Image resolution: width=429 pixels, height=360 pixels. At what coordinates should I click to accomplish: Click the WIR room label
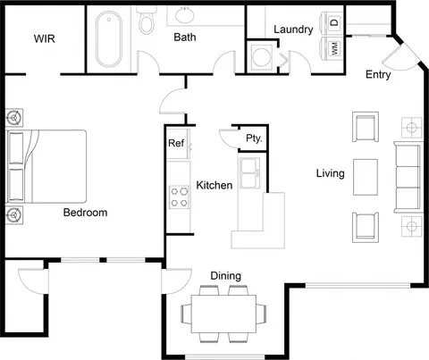[x=45, y=38]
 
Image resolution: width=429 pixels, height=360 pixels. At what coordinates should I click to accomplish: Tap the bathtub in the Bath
[x=109, y=38]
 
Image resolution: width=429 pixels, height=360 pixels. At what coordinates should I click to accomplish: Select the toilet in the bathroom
[x=147, y=21]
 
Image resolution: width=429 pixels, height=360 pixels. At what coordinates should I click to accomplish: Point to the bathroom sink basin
[x=184, y=15]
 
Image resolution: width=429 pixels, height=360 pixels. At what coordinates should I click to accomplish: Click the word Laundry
[x=293, y=29]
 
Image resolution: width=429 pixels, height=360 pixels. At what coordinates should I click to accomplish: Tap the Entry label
[x=378, y=74]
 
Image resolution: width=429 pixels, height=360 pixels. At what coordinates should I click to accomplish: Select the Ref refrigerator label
[x=176, y=143]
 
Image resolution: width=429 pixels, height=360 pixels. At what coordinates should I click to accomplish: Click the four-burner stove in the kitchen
[x=179, y=197]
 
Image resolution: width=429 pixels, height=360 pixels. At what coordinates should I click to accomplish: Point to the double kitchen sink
[x=249, y=173]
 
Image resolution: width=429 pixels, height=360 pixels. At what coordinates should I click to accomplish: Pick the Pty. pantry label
[x=254, y=138]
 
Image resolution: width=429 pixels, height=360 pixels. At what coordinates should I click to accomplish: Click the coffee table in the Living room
[x=366, y=177]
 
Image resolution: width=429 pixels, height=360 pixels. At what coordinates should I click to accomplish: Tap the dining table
[x=223, y=314]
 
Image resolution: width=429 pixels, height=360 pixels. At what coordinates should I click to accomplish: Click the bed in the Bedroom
[x=46, y=166]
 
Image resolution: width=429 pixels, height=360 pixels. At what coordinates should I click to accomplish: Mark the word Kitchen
[x=214, y=185]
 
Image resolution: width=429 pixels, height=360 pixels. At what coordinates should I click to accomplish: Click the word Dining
[x=226, y=276]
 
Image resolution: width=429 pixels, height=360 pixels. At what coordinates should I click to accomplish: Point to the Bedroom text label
[x=86, y=213]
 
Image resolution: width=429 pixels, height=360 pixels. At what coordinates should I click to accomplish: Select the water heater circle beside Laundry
[x=261, y=56]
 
